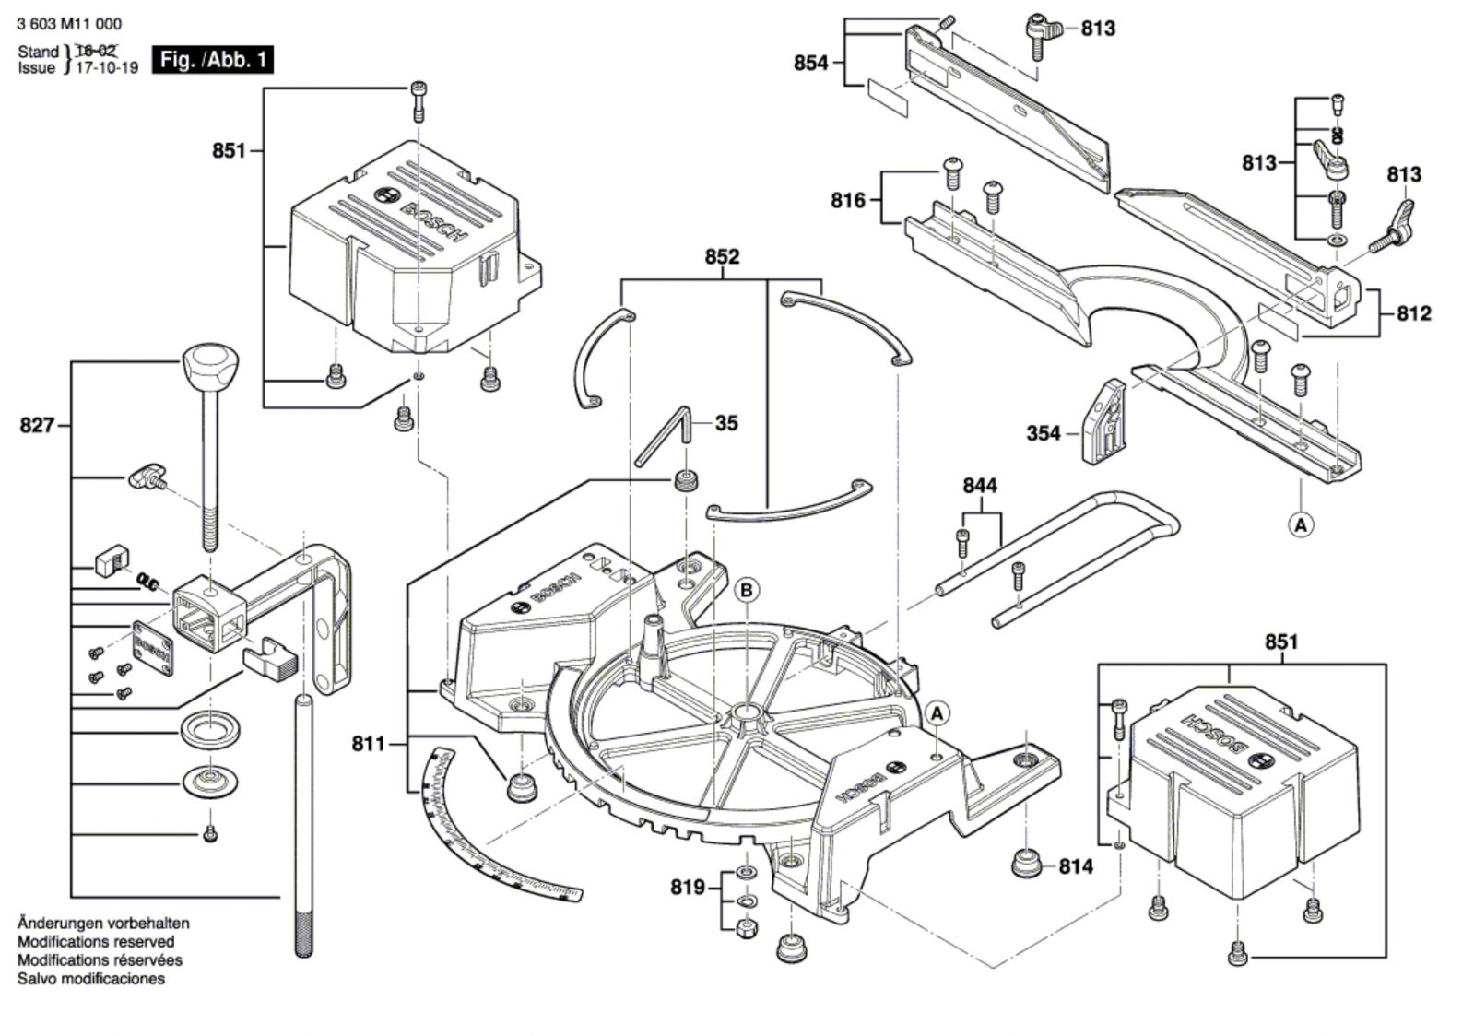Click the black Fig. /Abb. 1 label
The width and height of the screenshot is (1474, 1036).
pyautogui.click(x=213, y=61)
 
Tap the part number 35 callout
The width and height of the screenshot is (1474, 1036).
pyautogui.click(x=726, y=423)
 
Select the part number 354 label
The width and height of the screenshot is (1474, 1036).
pyautogui.click(x=1044, y=433)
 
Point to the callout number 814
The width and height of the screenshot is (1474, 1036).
pyautogui.click(x=1076, y=866)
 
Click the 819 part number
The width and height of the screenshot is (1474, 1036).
pyautogui.click(x=688, y=888)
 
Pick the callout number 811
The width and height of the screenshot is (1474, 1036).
pyautogui.click(x=368, y=743)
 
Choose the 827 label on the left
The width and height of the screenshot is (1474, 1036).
pyautogui.click(x=37, y=426)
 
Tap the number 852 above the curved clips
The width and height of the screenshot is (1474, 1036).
pyautogui.click(x=722, y=256)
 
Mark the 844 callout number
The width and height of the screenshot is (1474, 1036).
pyautogui.click(x=980, y=486)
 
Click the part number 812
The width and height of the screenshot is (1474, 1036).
pyautogui.click(x=1413, y=313)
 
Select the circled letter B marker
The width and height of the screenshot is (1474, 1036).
pyautogui.click(x=747, y=590)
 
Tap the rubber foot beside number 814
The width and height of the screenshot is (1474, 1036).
pyautogui.click(x=1025, y=865)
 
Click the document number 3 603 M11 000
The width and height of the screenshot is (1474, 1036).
pyautogui.click(x=69, y=24)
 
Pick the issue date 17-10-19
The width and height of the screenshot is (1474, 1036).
pyautogui.click(x=106, y=67)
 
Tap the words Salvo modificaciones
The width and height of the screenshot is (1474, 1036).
pyautogui.click(x=91, y=979)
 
